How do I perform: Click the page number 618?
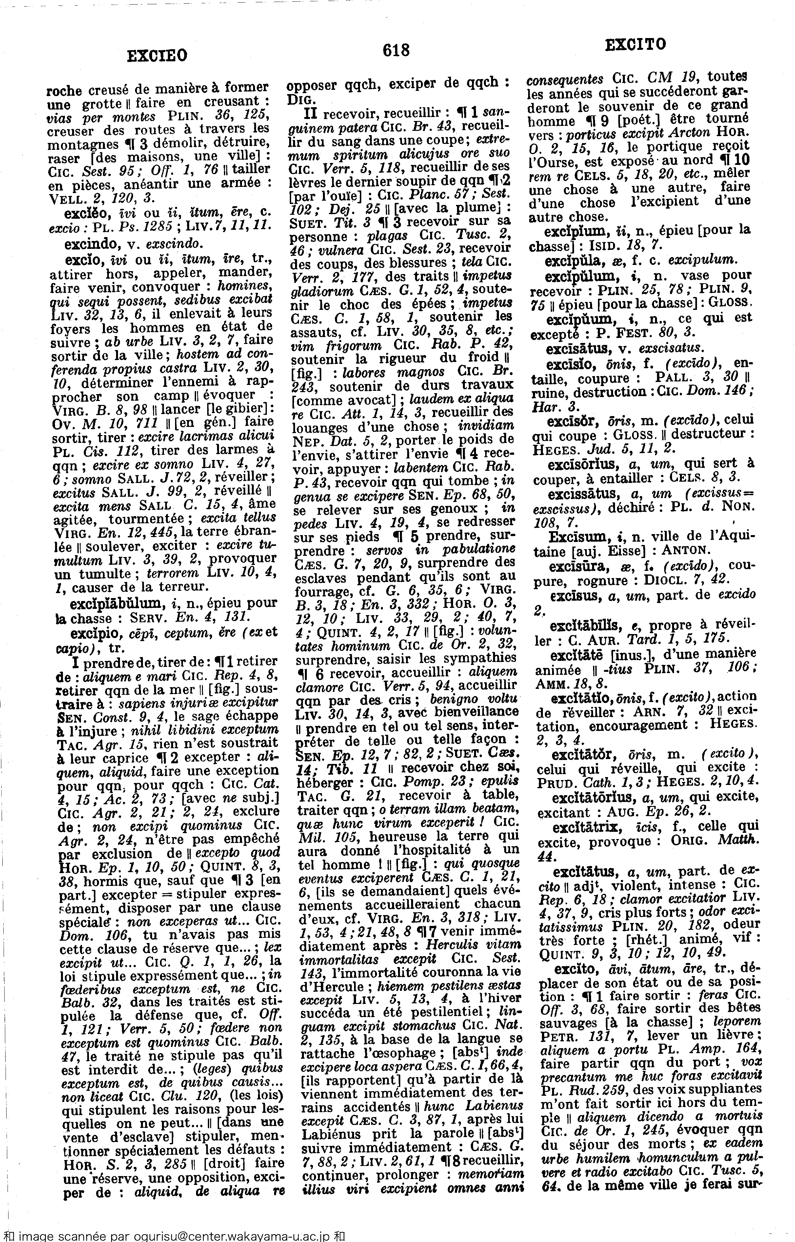396,50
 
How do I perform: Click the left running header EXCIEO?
157,55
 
